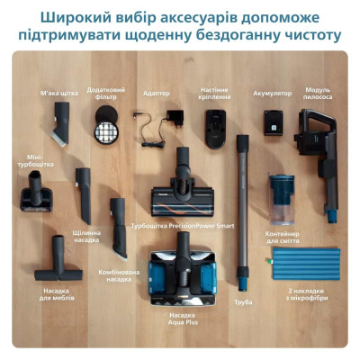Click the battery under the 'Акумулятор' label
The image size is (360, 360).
click(274, 121)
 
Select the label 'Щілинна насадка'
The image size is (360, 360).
click(86, 237)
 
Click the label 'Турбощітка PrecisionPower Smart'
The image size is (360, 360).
click(182, 226)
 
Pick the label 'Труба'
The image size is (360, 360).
click(241, 302)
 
